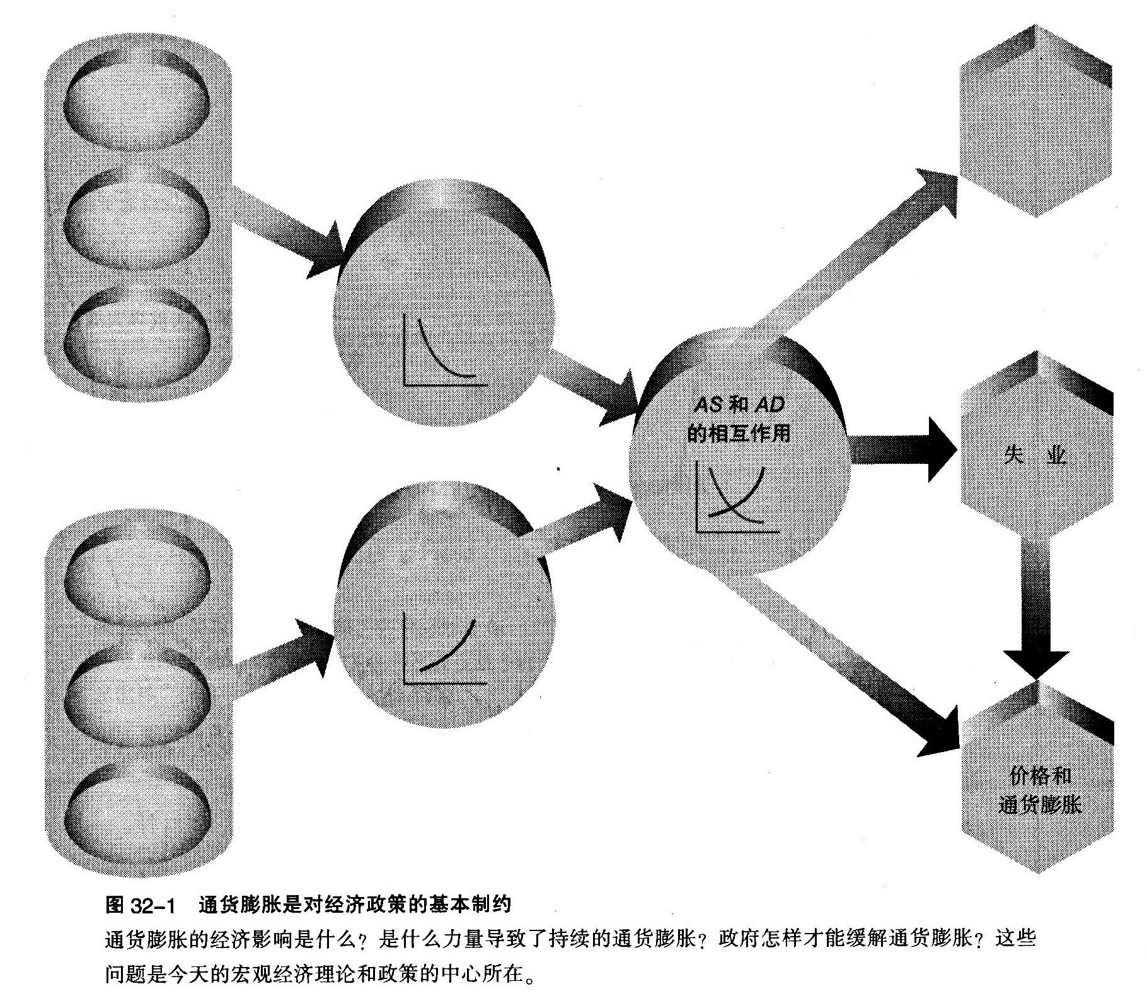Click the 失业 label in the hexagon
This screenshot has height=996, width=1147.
click(x=1035, y=455)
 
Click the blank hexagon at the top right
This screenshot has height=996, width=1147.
click(x=1034, y=120)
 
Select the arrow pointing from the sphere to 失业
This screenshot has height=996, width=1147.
click(x=901, y=449)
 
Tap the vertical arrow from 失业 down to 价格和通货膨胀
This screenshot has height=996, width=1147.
click(x=1035, y=605)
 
